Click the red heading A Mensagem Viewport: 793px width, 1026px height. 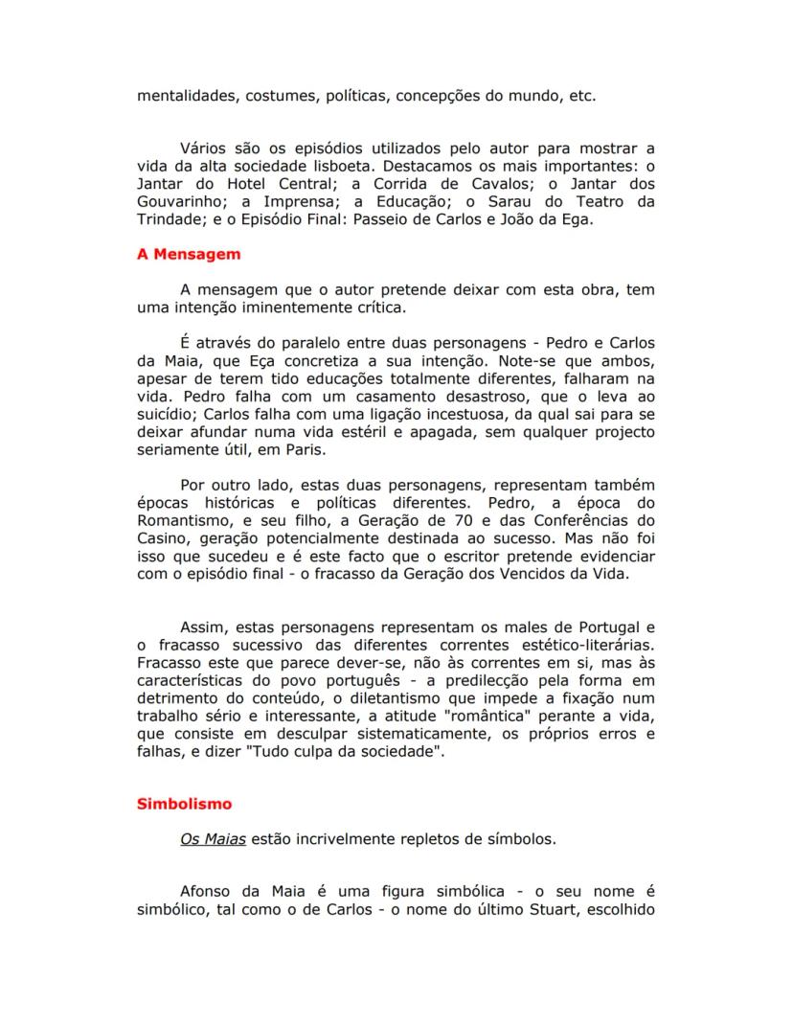(x=188, y=255)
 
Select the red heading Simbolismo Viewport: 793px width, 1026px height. (x=184, y=804)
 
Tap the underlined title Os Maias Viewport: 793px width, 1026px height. (x=213, y=839)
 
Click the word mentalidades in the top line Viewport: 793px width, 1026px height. (x=185, y=96)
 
